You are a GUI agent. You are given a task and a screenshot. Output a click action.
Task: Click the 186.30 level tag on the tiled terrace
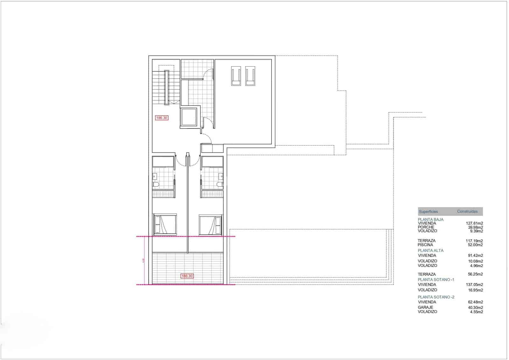tap(187, 276)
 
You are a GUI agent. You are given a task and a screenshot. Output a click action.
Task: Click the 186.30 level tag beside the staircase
tap(162, 118)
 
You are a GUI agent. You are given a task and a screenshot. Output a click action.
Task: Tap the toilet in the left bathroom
tap(156, 184)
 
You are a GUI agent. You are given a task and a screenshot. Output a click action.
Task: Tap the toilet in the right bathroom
tap(220, 184)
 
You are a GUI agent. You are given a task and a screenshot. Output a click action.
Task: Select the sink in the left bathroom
tap(155, 176)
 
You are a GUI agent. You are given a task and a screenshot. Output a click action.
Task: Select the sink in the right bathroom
tap(221, 176)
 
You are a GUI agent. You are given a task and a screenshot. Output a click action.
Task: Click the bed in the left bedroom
tap(165, 224)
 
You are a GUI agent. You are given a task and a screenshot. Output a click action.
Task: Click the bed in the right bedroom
tap(210, 224)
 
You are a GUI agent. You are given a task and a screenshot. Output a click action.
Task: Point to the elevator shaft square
tap(188, 117)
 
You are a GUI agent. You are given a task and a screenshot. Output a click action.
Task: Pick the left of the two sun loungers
tap(236, 76)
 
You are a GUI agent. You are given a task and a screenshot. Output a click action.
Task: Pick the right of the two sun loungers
tap(250, 76)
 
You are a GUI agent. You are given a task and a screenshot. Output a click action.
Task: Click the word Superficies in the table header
tap(428, 211)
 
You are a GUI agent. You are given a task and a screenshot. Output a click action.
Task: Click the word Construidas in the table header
tap(467, 211)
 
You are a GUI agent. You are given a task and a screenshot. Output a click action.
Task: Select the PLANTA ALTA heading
tap(431, 251)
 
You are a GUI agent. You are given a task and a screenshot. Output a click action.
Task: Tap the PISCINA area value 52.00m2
tap(475, 245)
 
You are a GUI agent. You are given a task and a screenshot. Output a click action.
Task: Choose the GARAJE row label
tap(425, 307)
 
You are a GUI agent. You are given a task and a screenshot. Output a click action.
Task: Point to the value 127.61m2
tap(474, 223)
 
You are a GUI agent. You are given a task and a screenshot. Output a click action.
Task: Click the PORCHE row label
tap(426, 227)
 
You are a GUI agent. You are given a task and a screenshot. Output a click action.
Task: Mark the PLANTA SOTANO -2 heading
tap(436, 297)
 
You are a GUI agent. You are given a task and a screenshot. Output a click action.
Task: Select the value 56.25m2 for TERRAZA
tap(475, 274)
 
